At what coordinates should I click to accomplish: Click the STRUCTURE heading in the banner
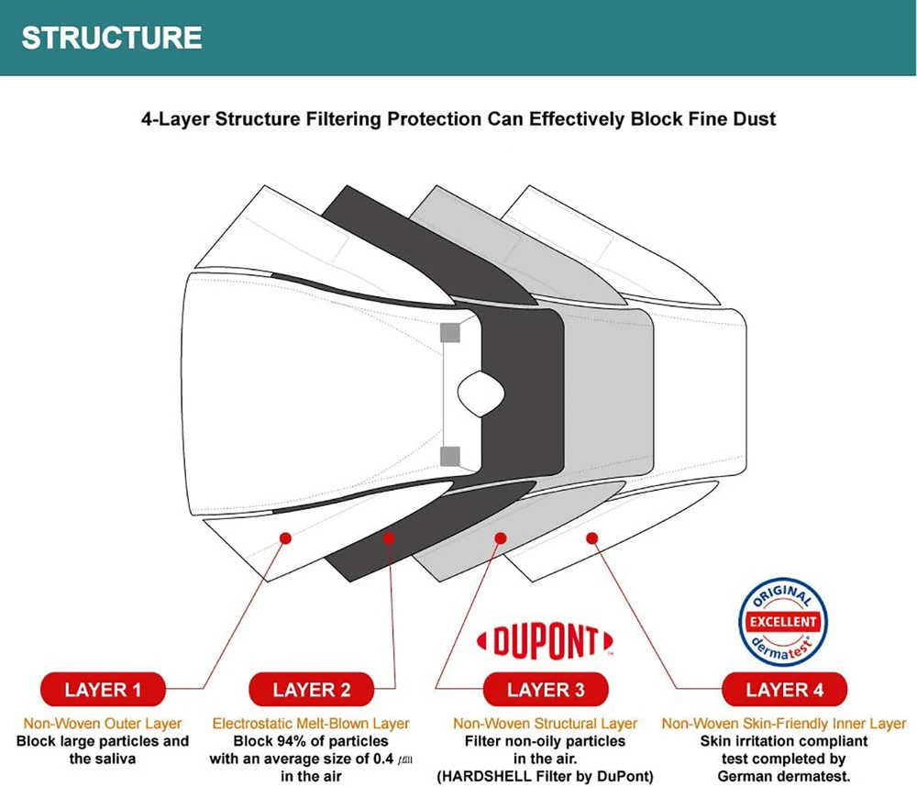[112, 38]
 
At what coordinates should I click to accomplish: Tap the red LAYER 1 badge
[104, 689]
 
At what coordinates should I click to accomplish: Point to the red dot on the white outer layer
[285, 538]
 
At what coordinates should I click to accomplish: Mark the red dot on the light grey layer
[500, 538]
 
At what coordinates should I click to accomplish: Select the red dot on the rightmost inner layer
[592, 538]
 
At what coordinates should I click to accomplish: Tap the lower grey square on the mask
[449, 455]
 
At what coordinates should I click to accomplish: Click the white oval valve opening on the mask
[481, 393]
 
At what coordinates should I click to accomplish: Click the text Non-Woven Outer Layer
[104, 724]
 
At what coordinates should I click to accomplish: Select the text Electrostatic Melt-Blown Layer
[311, 724]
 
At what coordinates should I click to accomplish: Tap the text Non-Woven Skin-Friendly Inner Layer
[784, 724]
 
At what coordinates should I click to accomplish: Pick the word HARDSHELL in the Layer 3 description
[487, 776]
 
